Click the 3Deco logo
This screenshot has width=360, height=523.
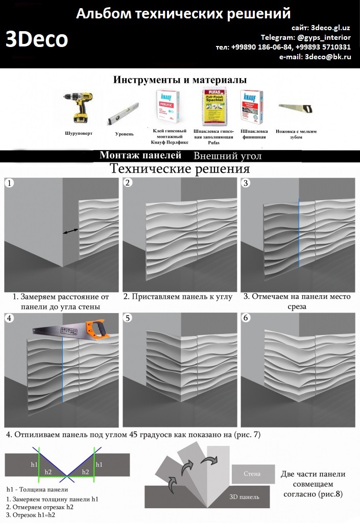coord(37,40)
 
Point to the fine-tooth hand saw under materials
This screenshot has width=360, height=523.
coord(299,108)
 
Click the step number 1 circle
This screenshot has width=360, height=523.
coord(9,182)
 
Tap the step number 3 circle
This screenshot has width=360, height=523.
coord(246,183)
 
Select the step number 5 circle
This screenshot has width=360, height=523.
coord(128,318)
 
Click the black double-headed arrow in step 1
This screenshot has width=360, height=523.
coord(71,231)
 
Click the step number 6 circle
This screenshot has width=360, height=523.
coord(246,318)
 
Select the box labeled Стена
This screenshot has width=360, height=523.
coord(252,474)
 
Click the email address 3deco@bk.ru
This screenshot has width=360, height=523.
coord(327,57)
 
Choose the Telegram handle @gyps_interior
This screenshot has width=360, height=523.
coord(324,37)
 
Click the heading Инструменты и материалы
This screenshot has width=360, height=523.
coord(180,80)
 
